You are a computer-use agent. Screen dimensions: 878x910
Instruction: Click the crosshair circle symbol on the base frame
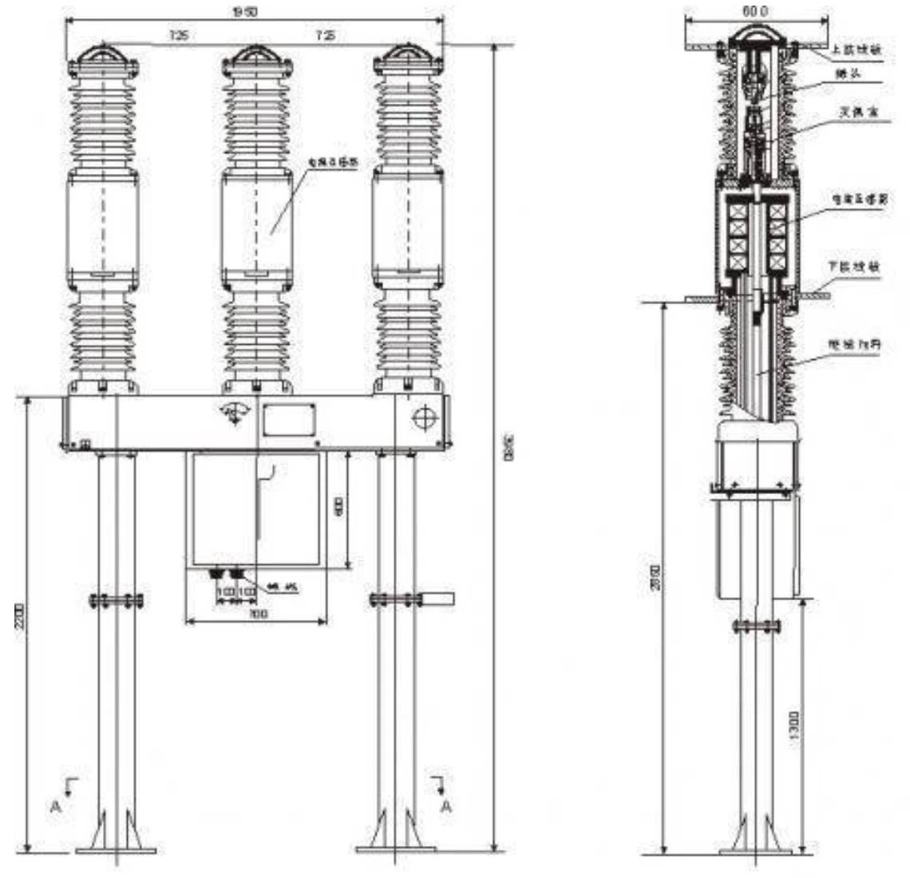tap(423, 418)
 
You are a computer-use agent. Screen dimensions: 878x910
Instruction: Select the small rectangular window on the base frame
tap(290, 420)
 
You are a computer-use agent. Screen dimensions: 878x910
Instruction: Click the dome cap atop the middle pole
tap(255, 55)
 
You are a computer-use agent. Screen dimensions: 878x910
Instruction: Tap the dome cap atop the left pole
tap(104, 55)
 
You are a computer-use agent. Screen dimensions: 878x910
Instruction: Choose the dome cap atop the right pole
tap(407, 55)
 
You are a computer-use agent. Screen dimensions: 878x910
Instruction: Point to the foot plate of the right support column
tap(397, 848)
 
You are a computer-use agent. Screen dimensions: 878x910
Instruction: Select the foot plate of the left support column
tap(117, 848)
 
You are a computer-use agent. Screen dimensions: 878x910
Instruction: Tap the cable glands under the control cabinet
tap(227, 574)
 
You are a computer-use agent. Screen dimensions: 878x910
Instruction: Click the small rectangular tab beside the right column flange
tap(437, 598)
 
